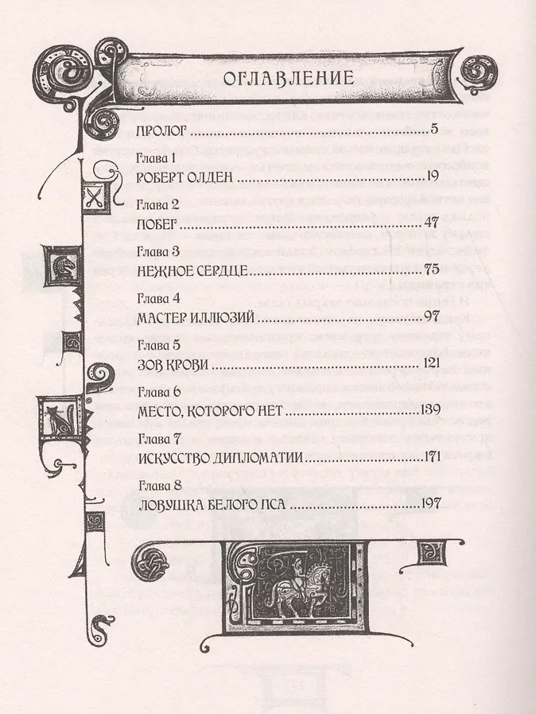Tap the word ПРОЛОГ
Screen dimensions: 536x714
pos(162,131)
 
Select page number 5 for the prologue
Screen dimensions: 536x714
pos(434,130)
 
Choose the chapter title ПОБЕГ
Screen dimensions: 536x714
pos(157,224)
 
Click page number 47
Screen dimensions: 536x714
pos(431,223)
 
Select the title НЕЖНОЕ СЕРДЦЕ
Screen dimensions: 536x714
pos(192,271)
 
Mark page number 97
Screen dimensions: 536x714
pos(431,316)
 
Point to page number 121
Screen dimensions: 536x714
pos(430,363)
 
